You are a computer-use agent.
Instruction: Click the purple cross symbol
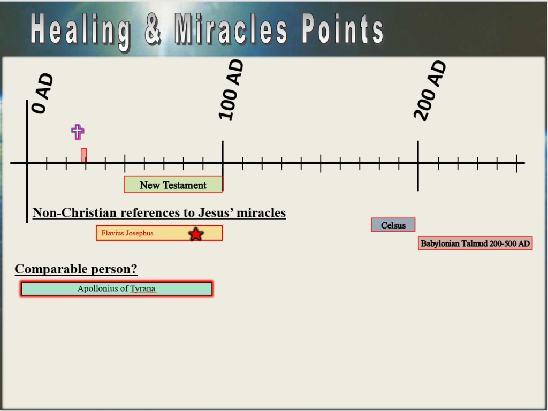78,132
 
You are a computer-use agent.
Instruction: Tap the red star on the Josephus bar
196,234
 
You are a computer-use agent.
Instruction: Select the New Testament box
173,184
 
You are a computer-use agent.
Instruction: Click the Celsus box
393,225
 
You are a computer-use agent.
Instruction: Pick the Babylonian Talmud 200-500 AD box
475,243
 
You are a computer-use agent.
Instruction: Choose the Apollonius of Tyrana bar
116,288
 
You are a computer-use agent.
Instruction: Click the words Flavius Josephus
127,233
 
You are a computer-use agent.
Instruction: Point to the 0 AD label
43,93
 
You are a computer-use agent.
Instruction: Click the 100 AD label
231,90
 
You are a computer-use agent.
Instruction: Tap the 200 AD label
430,91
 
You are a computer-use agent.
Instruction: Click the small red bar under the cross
84,155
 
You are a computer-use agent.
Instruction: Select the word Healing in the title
81,30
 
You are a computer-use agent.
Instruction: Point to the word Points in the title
342,29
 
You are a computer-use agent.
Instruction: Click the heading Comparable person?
76,269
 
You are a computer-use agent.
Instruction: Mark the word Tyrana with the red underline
142,289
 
